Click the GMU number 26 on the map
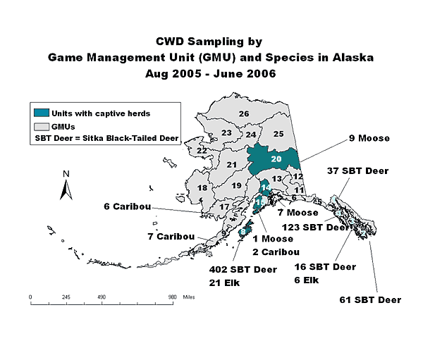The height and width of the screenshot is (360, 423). pos(244,113)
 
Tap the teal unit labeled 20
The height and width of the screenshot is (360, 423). pos(276,160)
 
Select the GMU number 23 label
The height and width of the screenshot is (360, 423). pos(226,132)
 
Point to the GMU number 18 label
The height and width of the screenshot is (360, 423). pos(202,188)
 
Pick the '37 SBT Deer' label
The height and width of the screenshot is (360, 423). pos(357,170)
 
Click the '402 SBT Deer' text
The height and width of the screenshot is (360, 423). pos(242,268)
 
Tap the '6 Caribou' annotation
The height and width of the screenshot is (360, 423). pos(125,206)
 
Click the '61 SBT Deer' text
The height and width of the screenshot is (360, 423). pos(370,300)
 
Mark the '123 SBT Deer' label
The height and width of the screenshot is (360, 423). pos(315,227)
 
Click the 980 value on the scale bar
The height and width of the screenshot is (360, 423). pos(172,297)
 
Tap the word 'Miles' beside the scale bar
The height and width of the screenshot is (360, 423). pos(188,297)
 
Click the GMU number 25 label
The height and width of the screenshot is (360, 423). pos(278,134)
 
